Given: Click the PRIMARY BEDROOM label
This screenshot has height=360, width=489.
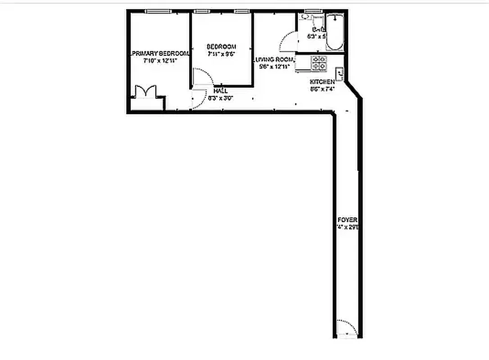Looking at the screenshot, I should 159,53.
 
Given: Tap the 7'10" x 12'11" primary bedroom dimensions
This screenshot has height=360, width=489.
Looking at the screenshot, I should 153,60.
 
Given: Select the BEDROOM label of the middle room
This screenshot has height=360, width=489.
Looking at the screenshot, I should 222,47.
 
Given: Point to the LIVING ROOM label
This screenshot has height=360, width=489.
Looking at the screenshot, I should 273,59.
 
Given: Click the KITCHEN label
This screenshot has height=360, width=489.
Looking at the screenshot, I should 322,82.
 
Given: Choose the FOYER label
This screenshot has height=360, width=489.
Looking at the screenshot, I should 347,220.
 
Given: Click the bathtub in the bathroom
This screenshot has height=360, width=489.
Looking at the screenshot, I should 335,33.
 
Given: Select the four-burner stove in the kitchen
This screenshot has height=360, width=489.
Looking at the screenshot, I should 319,63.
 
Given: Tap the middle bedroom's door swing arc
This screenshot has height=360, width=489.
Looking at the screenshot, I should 202,76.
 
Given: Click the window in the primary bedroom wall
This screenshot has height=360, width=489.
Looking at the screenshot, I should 158,11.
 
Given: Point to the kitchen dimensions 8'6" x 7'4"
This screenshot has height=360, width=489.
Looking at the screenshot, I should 322,89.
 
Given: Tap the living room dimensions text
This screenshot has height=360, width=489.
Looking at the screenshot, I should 273,67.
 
